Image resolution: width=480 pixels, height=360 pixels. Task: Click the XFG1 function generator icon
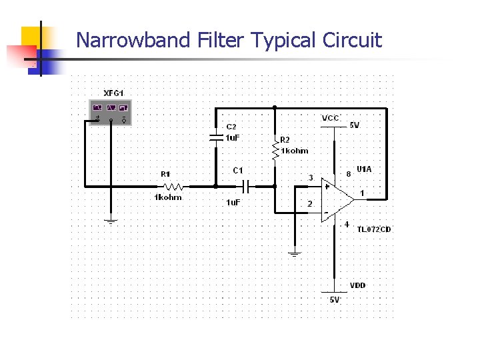111,112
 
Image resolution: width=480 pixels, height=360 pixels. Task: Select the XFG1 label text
113,93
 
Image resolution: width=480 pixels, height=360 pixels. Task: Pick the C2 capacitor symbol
215,138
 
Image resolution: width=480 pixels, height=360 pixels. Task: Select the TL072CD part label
373,229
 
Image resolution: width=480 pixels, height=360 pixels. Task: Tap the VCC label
331,118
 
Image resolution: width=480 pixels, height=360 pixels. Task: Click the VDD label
358,285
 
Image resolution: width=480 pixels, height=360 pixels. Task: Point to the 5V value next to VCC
355,125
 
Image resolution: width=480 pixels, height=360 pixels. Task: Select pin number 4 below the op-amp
347,225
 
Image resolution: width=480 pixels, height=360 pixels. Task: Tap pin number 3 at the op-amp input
310,177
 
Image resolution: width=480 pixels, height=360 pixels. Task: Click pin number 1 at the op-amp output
361,193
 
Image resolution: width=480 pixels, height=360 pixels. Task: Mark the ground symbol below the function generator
111,220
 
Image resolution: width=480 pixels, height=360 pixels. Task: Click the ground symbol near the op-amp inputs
293,254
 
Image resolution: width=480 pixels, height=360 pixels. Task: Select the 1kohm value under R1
168,198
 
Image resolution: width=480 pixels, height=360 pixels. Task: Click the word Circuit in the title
352,41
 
